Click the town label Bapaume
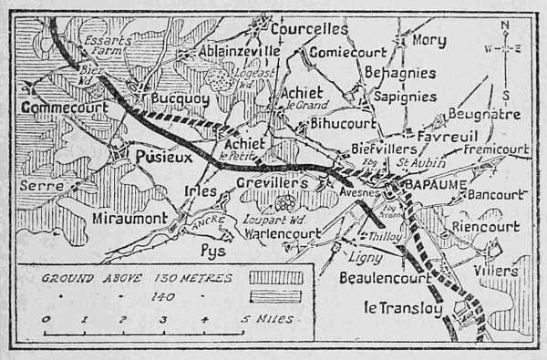(x=433, y=187)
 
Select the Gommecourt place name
(x=64, y=107)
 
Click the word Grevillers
(x=273, y=183)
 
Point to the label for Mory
(x=428, y=41)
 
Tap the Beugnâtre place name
(x=484, y=116)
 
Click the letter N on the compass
(x=507, y=25)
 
